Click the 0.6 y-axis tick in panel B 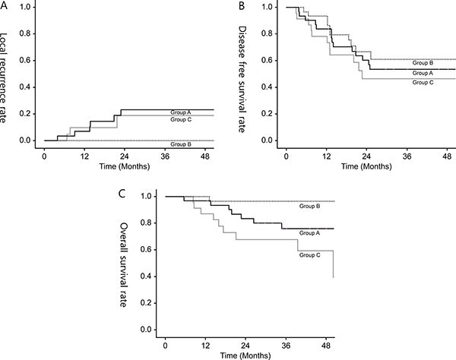(266, 60)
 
